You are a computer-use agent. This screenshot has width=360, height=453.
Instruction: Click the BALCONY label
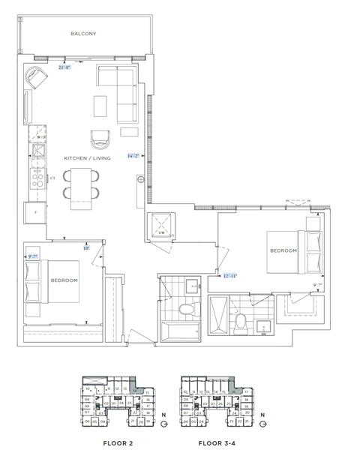(x=83, y=34)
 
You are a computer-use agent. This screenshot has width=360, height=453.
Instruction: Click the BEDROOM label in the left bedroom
(x=64, y=280)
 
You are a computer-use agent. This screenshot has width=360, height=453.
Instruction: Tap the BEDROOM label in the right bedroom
(x=283, y=250)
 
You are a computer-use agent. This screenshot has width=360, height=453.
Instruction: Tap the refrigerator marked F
(x=35, y=212)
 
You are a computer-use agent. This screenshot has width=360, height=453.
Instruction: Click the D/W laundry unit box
(x=161, y=227)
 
